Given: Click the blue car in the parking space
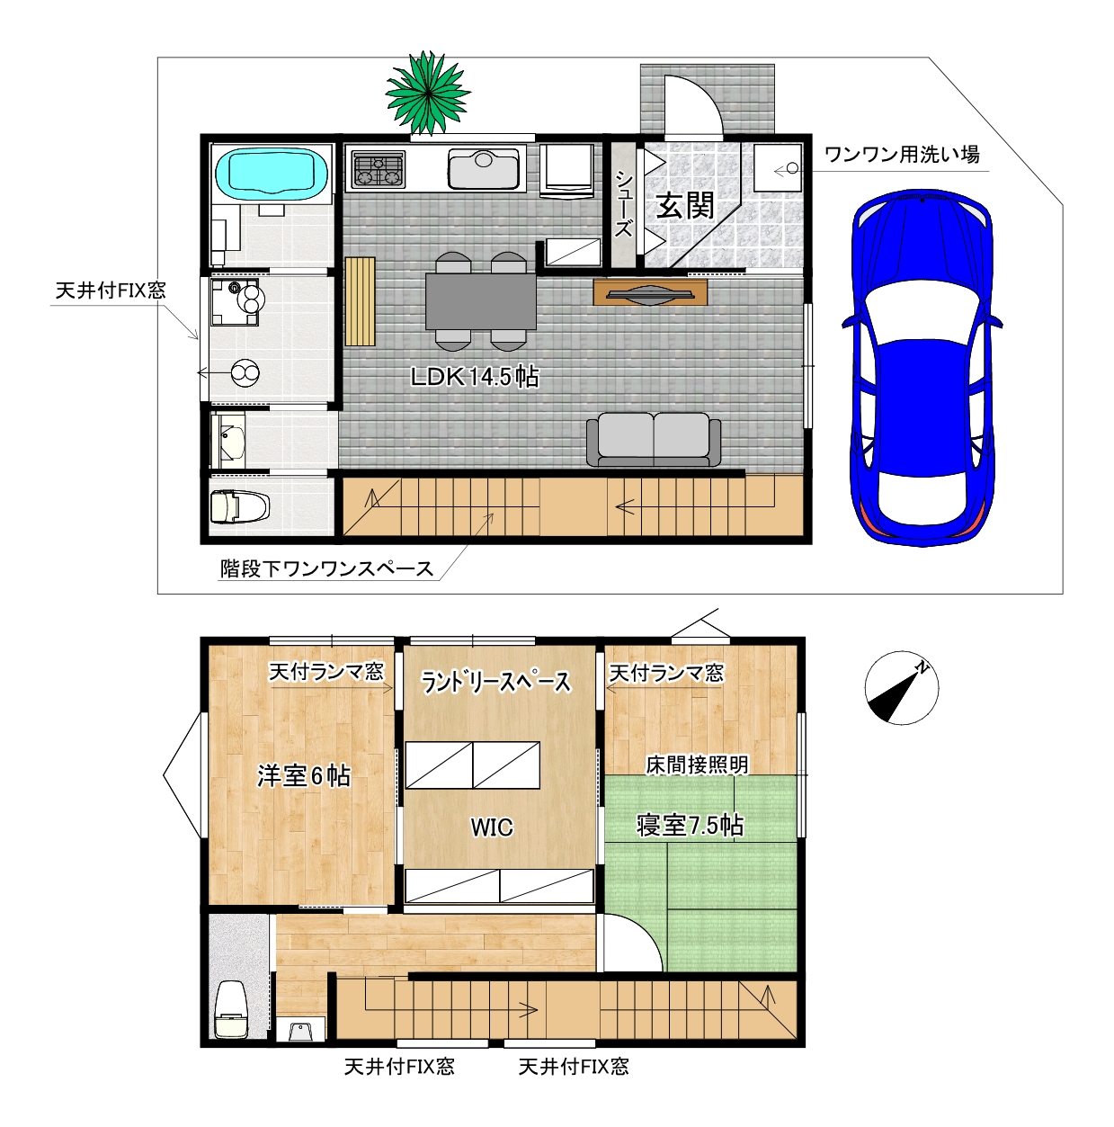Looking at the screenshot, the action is click(x=922, y=367).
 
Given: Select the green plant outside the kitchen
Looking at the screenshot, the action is click(x=427, y=93).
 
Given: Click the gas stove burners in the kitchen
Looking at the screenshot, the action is click(x=378, y=171).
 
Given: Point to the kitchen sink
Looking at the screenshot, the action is click(x=483, y=168).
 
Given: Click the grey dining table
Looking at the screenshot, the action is click(x=480, y=301).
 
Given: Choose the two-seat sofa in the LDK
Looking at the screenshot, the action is click(x=653, y=439).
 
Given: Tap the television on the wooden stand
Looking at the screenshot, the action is click(x=650, y=293).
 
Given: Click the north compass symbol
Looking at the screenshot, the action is click(x=901, y=688).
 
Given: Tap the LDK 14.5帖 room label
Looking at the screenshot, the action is click(x=474, y=377).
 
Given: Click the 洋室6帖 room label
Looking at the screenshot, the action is click(x=304, y=775).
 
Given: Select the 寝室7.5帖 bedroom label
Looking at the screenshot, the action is click(x=690, y=825).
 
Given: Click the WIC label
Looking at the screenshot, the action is click(x=491, y=827).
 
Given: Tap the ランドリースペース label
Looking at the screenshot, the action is click(x=495, y=682).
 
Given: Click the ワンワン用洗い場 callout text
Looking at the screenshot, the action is click(x=902, y=155).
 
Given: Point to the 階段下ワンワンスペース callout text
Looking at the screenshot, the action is click(x=327, y=568).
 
